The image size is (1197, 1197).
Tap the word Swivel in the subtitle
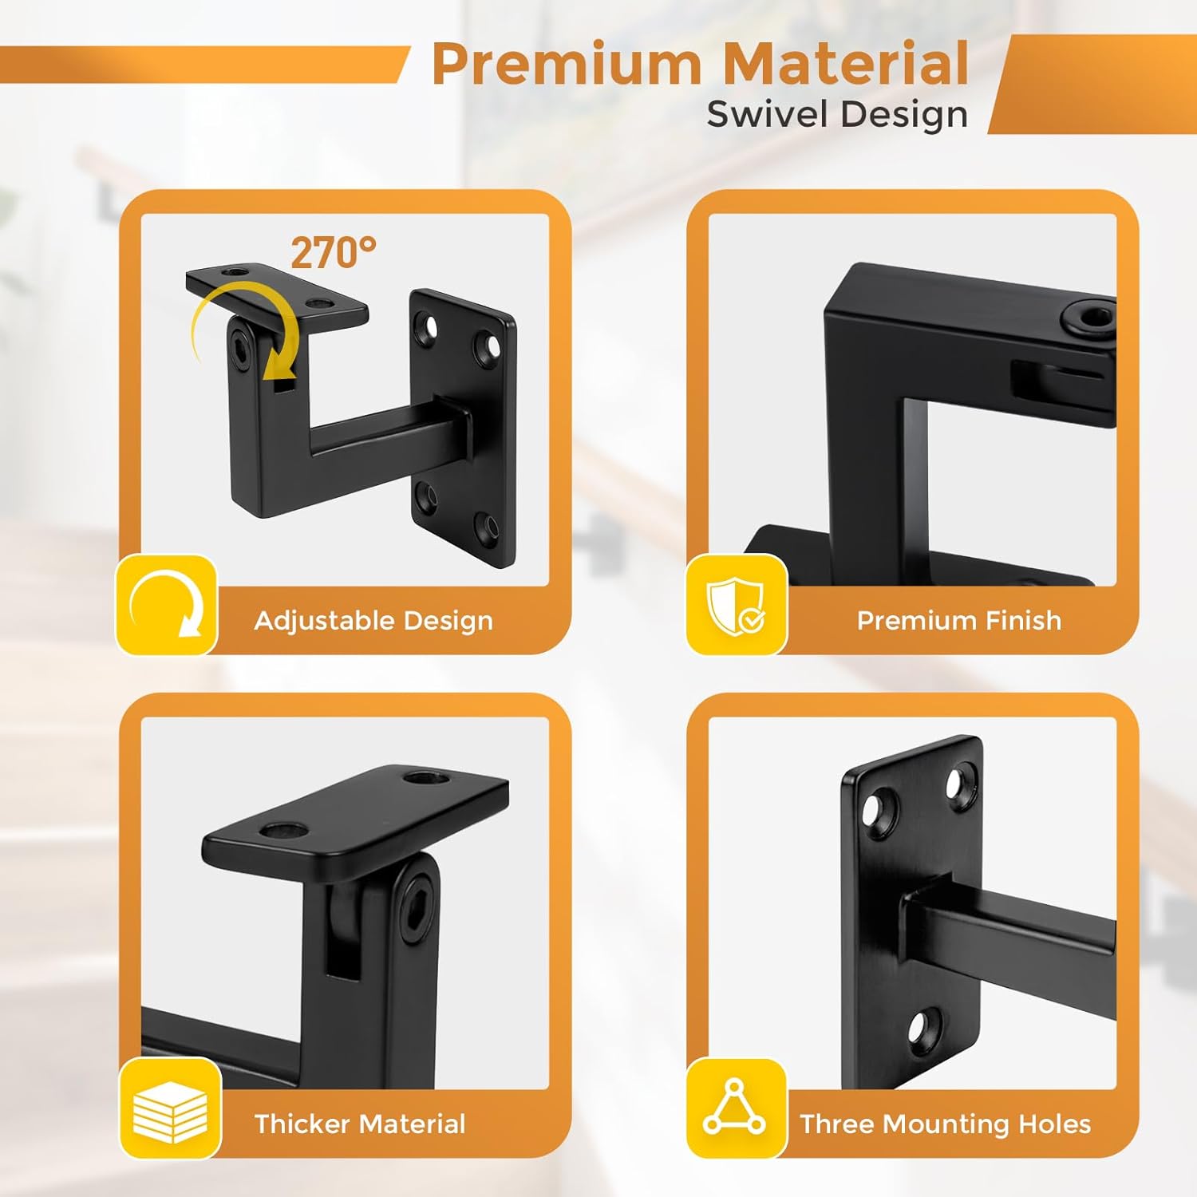click(767, 113)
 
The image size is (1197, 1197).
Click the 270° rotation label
click(333, 253)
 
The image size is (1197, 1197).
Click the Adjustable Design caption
click(373, 621)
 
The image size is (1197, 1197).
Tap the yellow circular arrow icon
click(167, 604)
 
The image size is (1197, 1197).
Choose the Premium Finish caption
click(959, 620)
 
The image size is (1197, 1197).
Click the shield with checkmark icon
click(736, 606)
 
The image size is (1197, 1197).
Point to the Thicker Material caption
click(360, 1124)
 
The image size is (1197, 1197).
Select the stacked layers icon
click(170, 1110)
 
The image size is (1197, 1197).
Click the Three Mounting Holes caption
click(946, 1124)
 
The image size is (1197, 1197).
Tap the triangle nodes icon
click(734, 1107)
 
